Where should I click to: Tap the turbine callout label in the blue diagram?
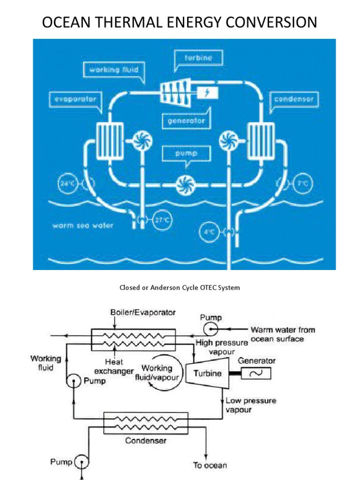tap(198, 58)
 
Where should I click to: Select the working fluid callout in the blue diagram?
tap(113, 70)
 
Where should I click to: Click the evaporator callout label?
tap(75, 99)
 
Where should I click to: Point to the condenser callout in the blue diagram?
tap(294, 99)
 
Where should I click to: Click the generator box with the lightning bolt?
tap(207, 92)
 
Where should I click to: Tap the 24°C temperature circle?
tap(67, 184)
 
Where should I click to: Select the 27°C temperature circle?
tap(162, 220)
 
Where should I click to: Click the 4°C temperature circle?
tap(209, 232)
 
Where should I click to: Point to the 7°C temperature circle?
tap(303, 184)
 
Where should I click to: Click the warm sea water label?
tap(82, 225)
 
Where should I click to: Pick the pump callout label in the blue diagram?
tap(187, 153)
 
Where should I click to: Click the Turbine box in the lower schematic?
tap(208, 373)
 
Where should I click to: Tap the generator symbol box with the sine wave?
tap(256, 374)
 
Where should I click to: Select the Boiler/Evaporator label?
tap(143, 313)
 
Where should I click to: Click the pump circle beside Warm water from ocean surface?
tap(210, 330)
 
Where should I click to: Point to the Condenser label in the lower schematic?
tap(146, 441)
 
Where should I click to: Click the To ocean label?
tap(210, 465)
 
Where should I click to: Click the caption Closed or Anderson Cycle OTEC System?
tap(180, 287)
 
